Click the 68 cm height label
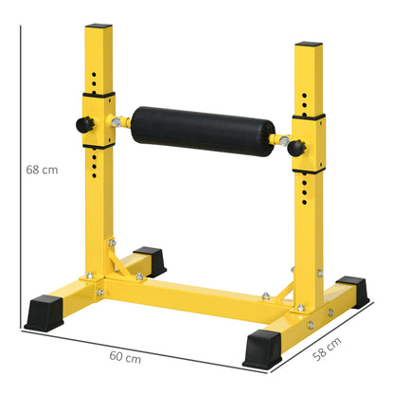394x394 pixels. [43, 170]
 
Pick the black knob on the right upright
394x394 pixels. [295, 146]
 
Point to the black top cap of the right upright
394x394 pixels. [310, 44]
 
